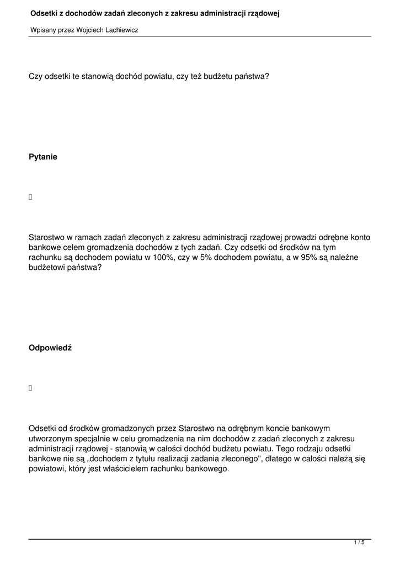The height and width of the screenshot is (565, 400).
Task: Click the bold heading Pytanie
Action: (x=43, y=157)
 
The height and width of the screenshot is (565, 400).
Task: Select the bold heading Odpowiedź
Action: (x=50, y=349)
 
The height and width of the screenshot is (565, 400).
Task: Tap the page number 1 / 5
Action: (x=359, y=543)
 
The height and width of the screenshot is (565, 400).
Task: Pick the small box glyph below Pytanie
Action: (x=31, y=197)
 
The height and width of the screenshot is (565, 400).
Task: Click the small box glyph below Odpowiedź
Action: (x=31, y=388)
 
